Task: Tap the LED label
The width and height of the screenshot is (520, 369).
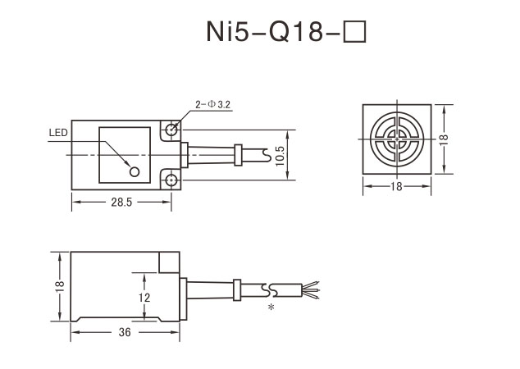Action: click(x=57, y=132)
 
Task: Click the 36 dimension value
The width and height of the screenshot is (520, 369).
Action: click(x=125, y=333)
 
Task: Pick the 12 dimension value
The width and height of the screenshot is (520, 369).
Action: click(x=144, y=298)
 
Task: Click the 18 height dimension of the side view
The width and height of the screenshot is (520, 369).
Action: click(x=58, y=286)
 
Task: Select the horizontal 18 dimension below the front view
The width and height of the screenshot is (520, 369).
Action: click(x=397, y=188)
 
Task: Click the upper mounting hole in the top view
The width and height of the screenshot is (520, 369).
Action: click(x=171, y=129)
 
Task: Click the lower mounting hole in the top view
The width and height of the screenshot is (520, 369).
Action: click(x=171, y=180)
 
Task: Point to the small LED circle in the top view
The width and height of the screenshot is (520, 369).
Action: click(x=135, y=171)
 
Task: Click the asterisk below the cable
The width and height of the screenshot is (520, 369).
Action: click(x=270, y=307)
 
